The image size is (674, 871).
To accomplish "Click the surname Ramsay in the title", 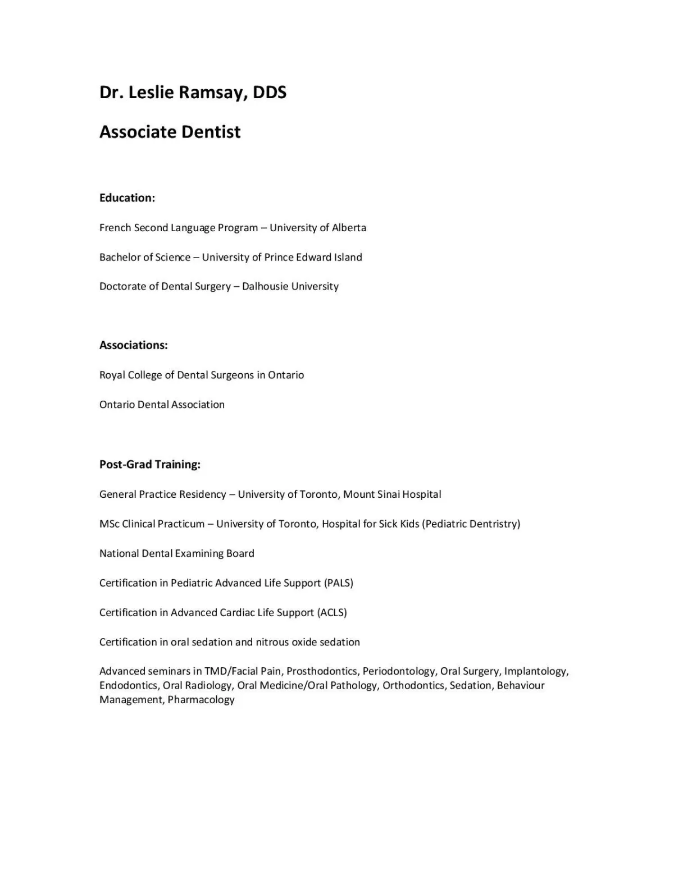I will [213, 92].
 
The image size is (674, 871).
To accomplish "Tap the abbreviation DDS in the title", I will [270, 92].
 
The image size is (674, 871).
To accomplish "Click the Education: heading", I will [127, 198].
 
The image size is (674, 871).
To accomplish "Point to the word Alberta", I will [349, 228].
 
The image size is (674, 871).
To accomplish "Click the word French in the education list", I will [115, 228].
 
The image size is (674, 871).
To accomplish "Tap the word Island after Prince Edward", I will [348, 258].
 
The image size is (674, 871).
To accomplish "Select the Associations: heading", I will [133, 346].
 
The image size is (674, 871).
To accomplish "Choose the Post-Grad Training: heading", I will [150, 465].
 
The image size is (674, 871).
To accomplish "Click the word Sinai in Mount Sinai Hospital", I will [387, 494].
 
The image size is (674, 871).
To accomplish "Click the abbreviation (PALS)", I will [339, 583].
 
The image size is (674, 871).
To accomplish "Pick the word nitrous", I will [272, 642].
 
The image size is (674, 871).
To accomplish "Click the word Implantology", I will [536, 672].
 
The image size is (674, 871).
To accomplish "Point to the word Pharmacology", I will [201, 700].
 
